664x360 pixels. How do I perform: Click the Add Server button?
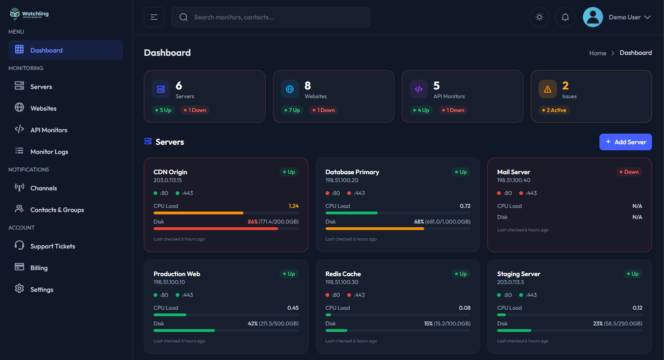coord(625,142)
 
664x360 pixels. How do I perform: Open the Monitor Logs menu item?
coord(49,152)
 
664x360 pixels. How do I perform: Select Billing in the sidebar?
coord(39,268)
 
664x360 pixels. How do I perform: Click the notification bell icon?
coord(565,17)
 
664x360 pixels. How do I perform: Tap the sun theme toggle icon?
coord(539,17)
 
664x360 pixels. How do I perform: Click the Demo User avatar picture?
coord(593,17)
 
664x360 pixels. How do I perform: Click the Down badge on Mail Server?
coord(629,172)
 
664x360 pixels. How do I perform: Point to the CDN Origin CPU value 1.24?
coord(293,206)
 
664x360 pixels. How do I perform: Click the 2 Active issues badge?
coord(554,110)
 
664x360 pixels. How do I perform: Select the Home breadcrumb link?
coord(597,53)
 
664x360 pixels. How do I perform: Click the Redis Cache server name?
coord(343,274)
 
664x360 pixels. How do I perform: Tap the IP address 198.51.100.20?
coord(342,180)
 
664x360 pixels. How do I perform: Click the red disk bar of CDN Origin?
coord(216,229)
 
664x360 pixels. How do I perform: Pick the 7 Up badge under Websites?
coord(292,110)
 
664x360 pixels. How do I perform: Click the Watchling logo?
coord(29,14)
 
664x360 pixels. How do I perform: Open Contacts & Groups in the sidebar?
coord(57,210)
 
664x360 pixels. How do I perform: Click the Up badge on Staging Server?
coord(633,274)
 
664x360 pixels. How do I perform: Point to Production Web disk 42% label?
coord(252,324)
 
